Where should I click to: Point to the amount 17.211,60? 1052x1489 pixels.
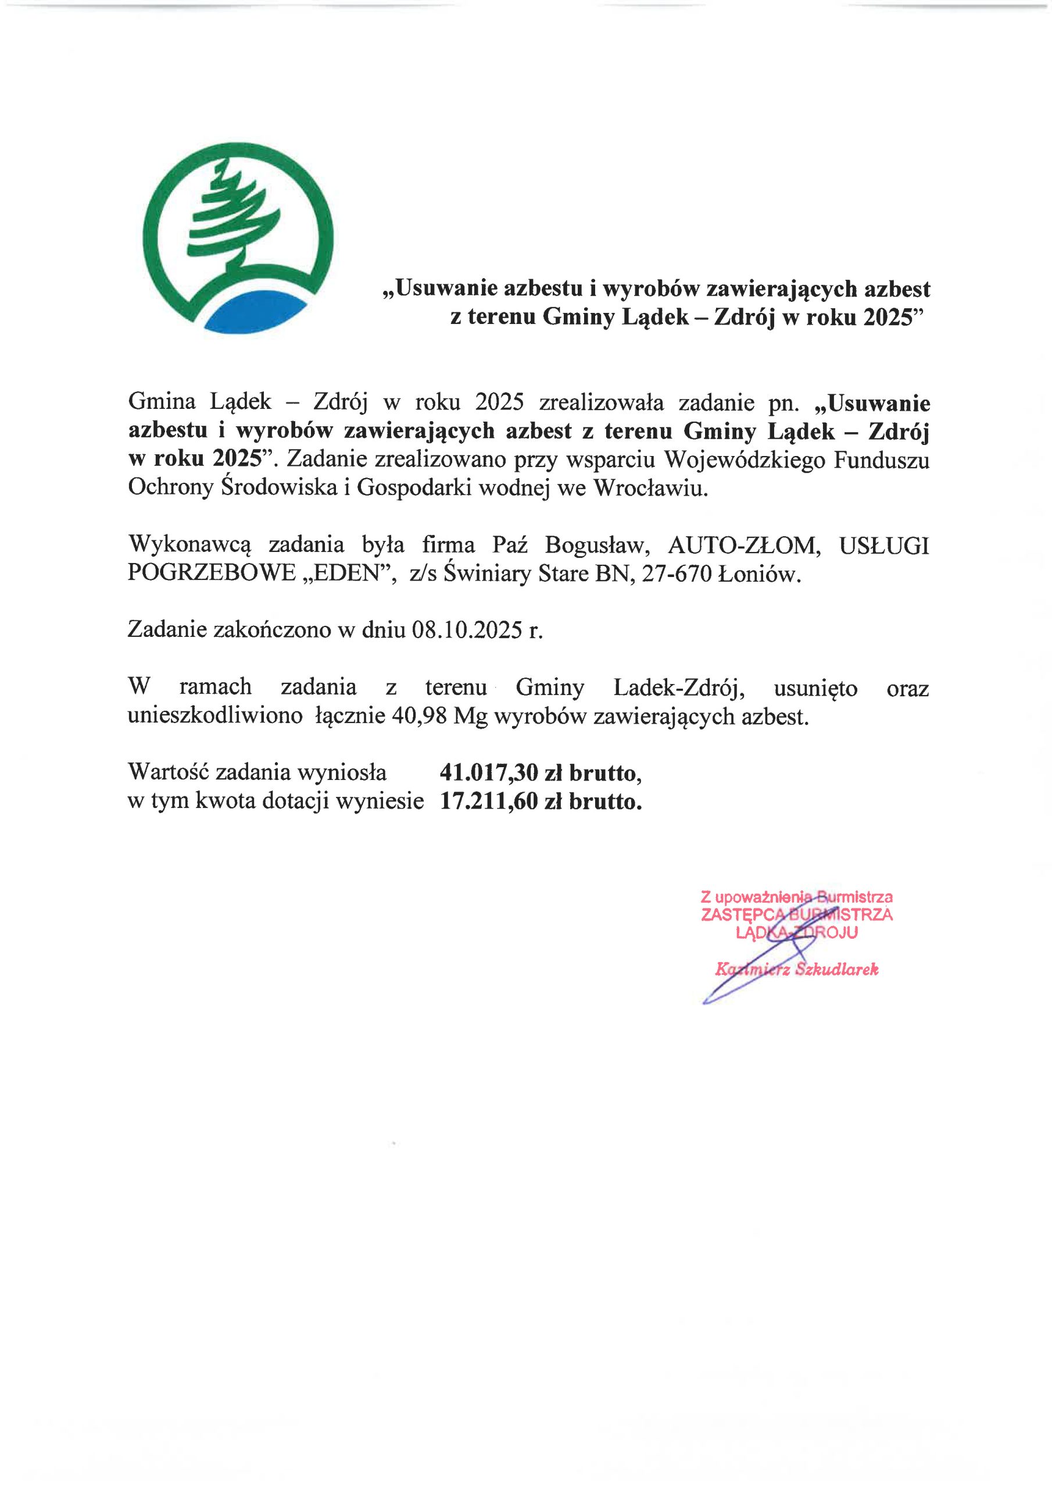tap(482, 802)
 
